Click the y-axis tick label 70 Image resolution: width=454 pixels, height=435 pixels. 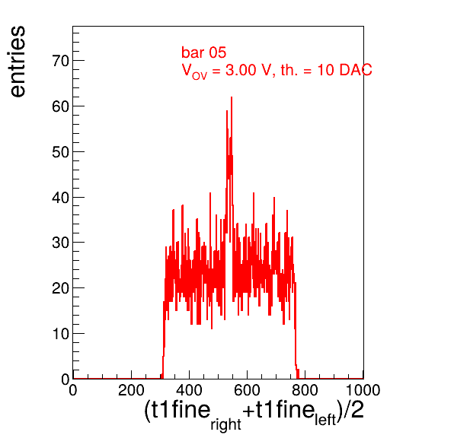(60, 61)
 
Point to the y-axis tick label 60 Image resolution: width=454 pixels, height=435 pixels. (60, 106)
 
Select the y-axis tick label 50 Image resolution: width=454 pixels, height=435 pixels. (60, 152)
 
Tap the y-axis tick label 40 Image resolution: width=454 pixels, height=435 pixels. (60, 198)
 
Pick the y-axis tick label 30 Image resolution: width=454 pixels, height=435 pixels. (60, 243)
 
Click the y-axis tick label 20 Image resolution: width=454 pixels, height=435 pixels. (60, 288)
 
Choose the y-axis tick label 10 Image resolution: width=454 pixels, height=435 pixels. (60, 334)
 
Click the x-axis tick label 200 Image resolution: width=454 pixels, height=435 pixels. (131, 390)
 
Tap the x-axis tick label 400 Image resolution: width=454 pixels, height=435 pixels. (189, 390)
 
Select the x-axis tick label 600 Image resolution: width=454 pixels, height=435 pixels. (247, 390)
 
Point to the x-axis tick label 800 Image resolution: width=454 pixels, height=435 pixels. (305, 390)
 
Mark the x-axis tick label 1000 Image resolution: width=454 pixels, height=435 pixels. (363, 390)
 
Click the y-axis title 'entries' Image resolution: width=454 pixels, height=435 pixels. (18, 62)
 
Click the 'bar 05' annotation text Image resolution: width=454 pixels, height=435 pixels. (203, 52)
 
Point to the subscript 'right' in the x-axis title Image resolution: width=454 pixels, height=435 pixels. (225, 424)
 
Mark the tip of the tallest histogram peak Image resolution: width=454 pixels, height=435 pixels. (232, 97)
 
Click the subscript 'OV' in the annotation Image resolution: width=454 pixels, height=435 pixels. (200, 76)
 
